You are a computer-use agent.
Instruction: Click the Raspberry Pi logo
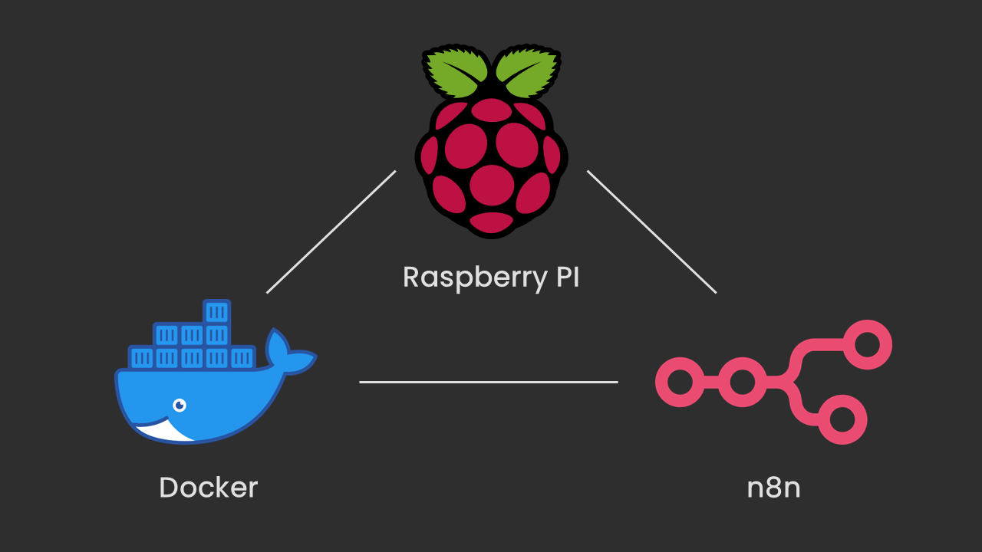click(x=491, y=146)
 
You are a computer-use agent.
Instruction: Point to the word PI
click(x=568, y=277)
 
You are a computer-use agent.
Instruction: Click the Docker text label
click(x=208, y=488)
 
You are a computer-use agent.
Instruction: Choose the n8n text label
click(x=773, y=488)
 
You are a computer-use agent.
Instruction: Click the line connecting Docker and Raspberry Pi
click(x=331, y=232)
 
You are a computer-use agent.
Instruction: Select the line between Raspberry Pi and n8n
click(x=651, y=232)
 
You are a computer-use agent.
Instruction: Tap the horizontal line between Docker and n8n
click(x=489, y=381)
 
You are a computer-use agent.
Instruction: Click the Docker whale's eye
click(x=180, y=404)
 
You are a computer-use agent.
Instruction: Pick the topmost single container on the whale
click(x=217, y=311)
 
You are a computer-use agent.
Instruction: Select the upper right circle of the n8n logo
click(x=868, y=343)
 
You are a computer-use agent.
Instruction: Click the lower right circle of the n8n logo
click(x=842, y=419)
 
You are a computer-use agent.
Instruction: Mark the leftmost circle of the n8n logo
click(x=680, y=381)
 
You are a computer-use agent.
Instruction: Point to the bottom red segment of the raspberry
click(x=491, y=222)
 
